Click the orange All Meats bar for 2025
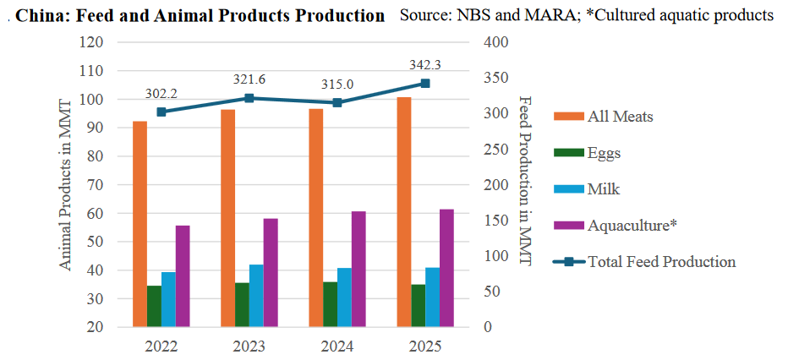pyautogui.click(x=404, y=211)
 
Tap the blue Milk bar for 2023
pyautogui.click(x=256, y=296)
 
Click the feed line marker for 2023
pyautogui.click(x=249, y=98)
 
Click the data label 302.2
pyautogui.click(x=161, y=94)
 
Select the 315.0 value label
pyautogui.click(x=337, y=85)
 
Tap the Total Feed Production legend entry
pyautogui.click(x=661, y=261)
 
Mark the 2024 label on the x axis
pyautogui.click(x=337, y=346)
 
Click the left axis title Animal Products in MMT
pyautogui.click(x=65, y=184)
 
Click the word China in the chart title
pyautogui.click(x=41, y=16)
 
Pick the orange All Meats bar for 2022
pyautogui.click(x=140, y=224)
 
